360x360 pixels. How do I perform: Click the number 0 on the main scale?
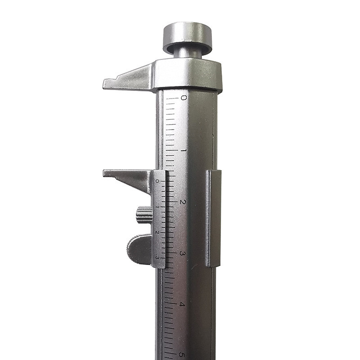tap(183, 98)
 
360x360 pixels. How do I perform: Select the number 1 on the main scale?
tap(183, 150)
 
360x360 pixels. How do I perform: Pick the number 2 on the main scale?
tap(182, 202)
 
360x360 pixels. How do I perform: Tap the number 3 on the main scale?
tap(182, 253)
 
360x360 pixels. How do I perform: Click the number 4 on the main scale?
tap(182, 305)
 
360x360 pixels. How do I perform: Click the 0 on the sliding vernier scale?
tap(157, 181)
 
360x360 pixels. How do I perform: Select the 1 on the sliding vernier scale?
tap(157, 207)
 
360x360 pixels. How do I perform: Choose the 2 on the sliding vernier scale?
tap(157, 232)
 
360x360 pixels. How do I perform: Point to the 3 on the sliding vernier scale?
tap(157, 257)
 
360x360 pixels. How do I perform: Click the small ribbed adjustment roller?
tap(144, 215)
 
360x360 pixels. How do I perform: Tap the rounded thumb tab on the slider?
tap(139, 249)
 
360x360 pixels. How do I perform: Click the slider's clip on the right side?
tap(213, 218)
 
